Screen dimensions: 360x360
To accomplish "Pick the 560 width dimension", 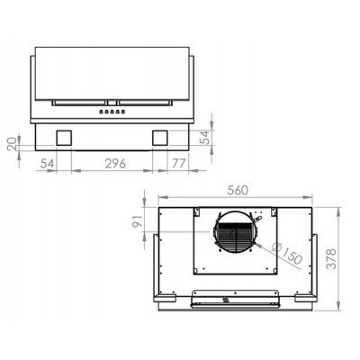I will [237, 190].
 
